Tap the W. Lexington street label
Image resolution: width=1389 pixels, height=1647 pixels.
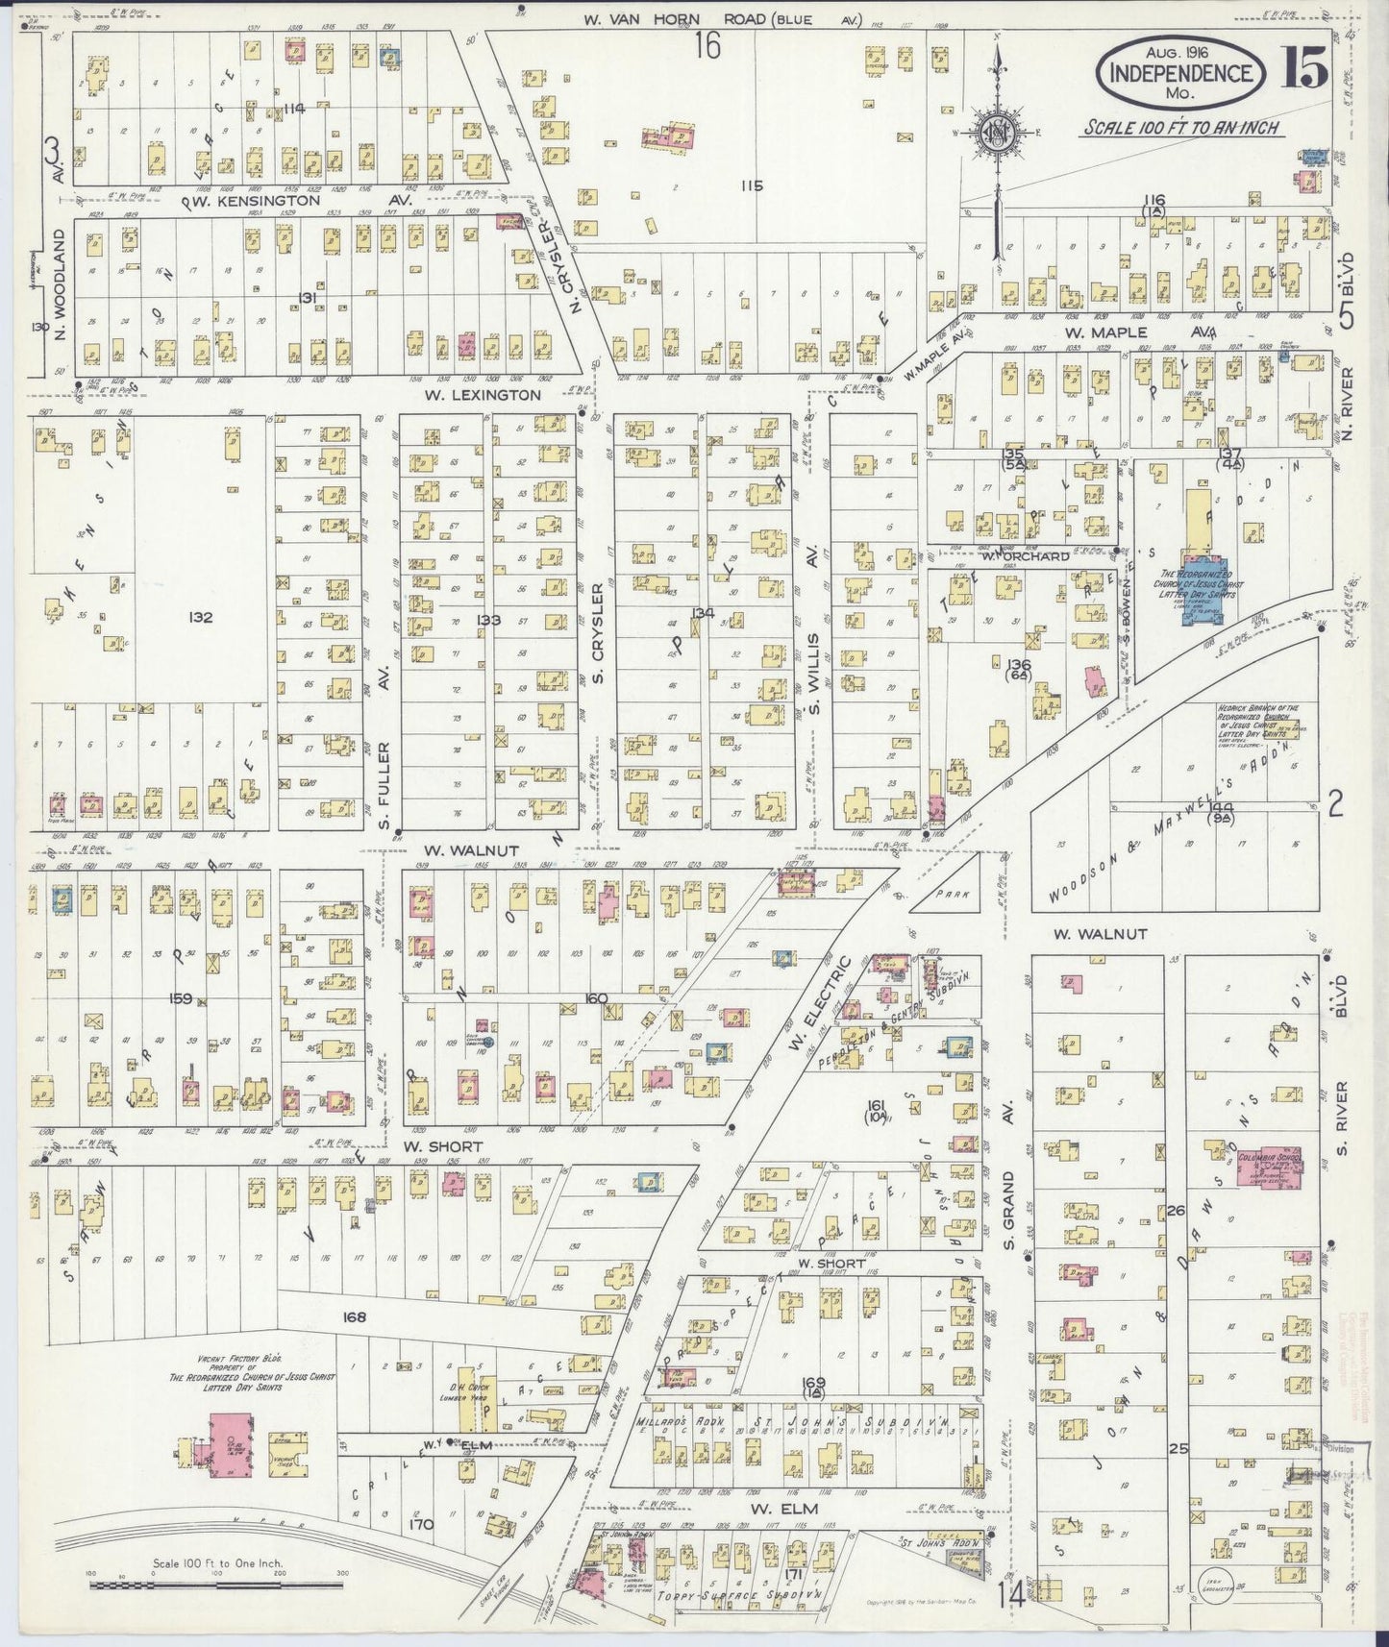(x=484, y=394)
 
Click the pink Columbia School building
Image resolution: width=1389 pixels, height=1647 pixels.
(x=1270, y=1167)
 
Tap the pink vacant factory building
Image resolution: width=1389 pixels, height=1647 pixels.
(x=228, y=1444)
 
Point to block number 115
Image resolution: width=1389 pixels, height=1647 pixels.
(x=752, y=185)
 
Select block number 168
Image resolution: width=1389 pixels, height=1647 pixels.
(x=354, y=1316)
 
